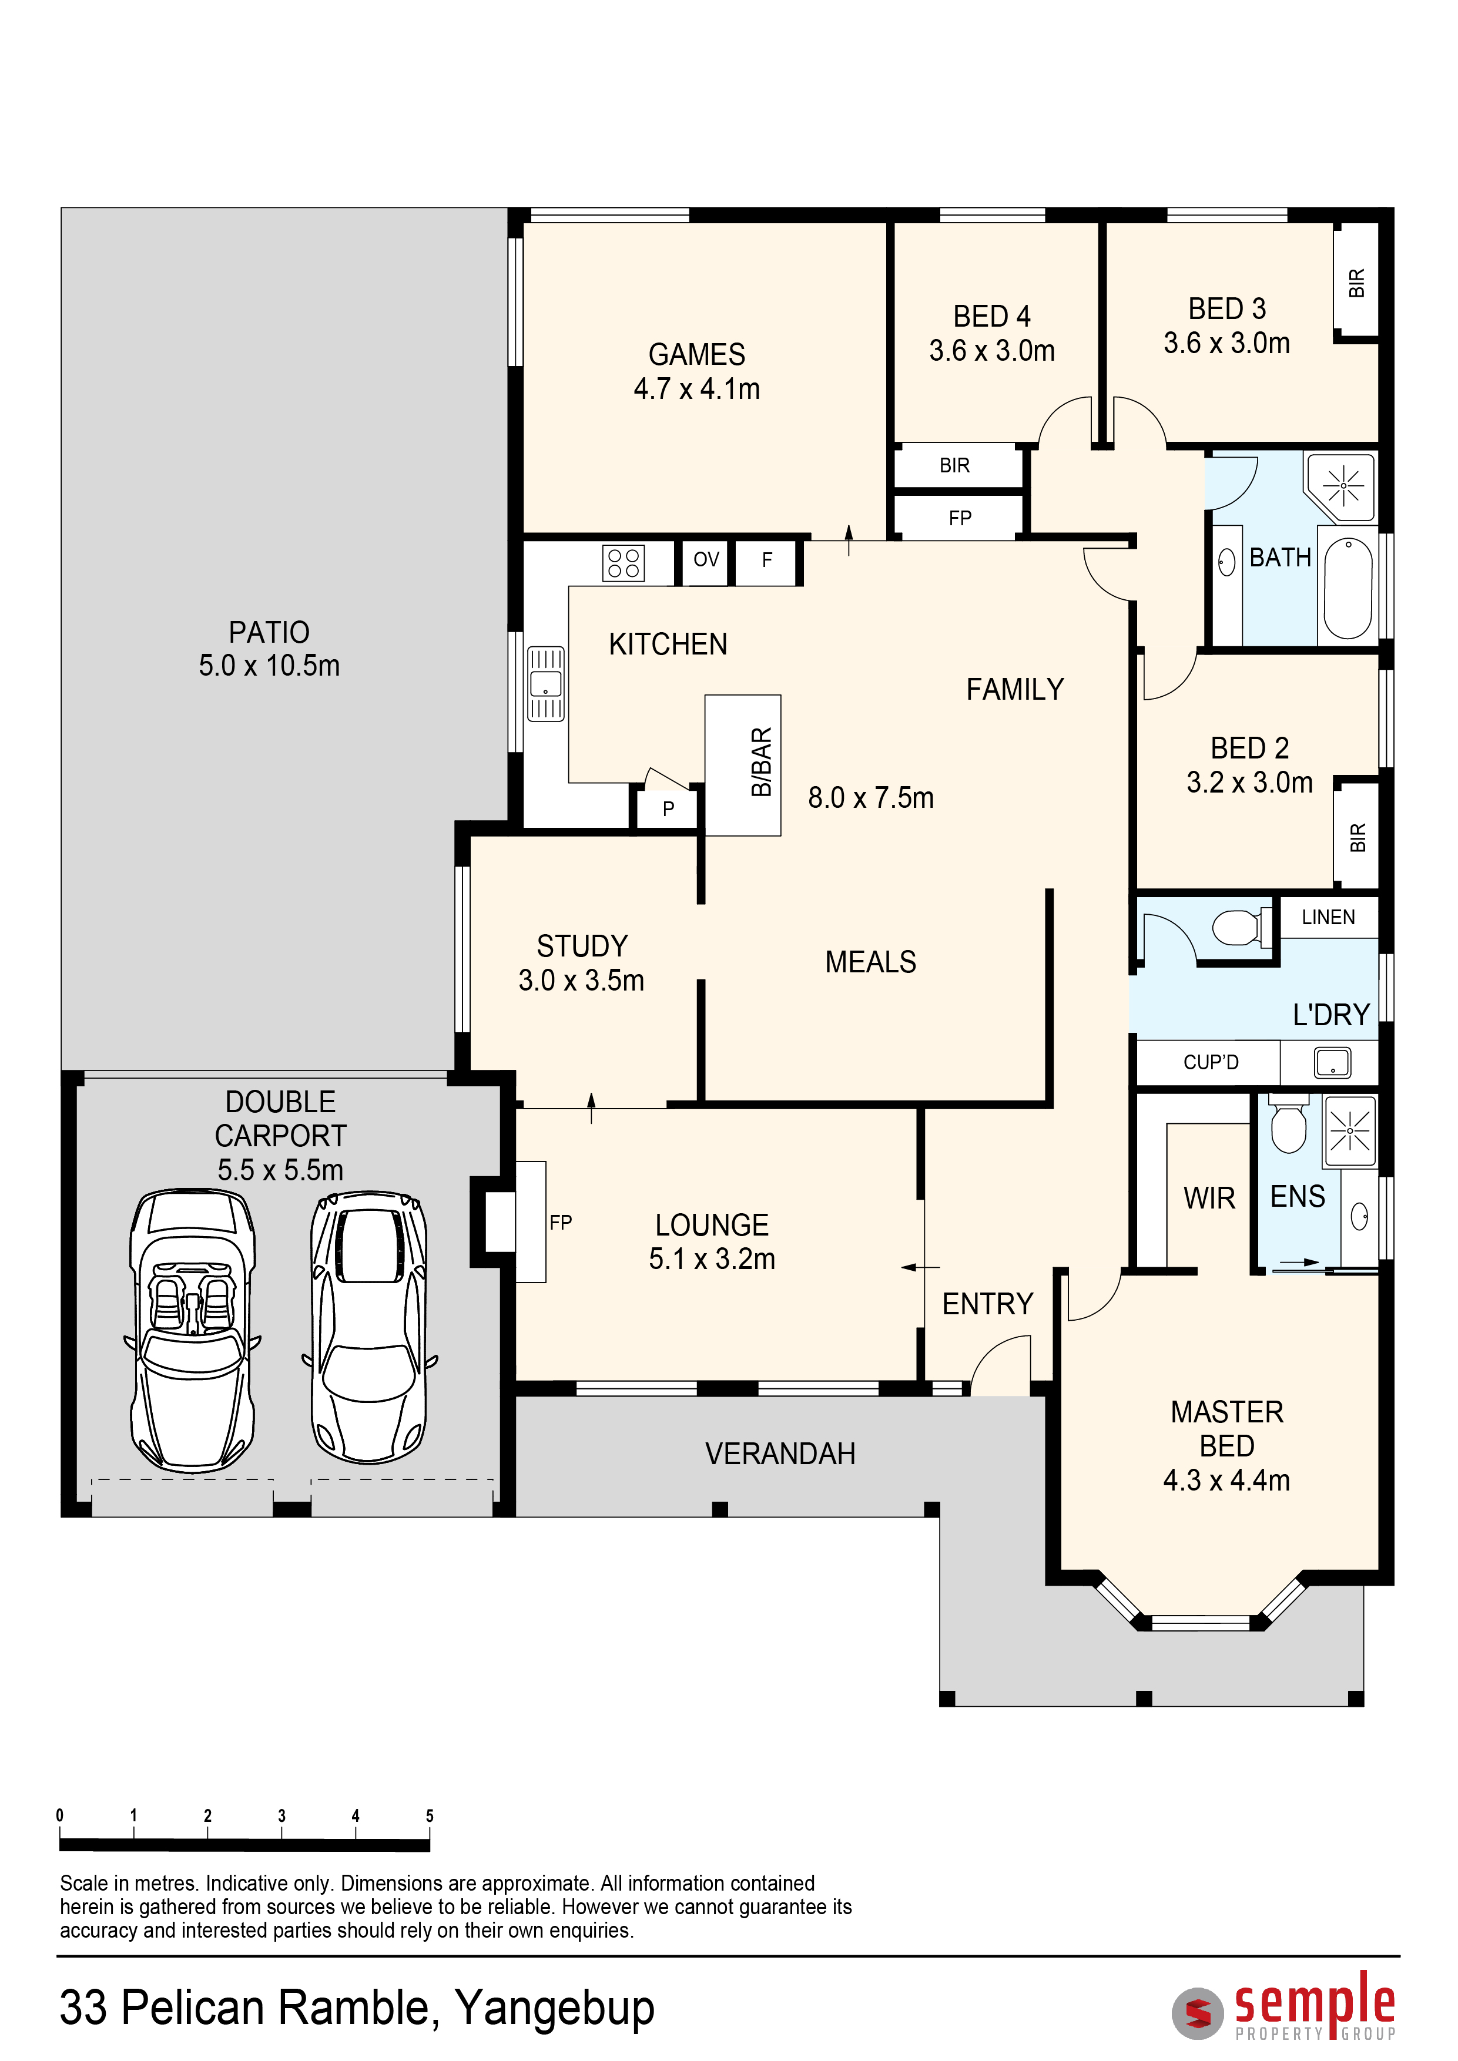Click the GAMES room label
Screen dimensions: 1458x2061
697,355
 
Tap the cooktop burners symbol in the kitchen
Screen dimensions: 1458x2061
623,563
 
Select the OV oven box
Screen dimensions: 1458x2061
706,560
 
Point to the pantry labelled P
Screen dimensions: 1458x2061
668,808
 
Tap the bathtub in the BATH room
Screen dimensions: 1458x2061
1348,588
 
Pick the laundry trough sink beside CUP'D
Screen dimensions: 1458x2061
1332,1063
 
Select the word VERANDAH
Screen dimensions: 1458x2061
780,1454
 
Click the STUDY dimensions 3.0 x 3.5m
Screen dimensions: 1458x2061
581,980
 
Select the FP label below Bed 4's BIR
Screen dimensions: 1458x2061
960,518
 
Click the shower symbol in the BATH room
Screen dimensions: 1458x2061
1343,486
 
